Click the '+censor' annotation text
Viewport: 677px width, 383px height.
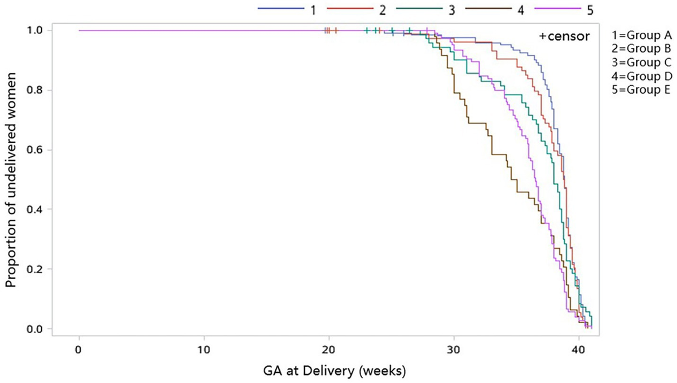point(564,37)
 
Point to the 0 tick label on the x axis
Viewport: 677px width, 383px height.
point(79,350)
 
